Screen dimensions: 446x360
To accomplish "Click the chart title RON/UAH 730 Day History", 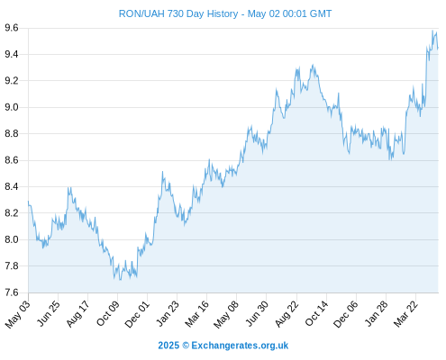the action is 178,13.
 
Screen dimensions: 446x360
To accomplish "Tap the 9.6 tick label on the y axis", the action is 12,28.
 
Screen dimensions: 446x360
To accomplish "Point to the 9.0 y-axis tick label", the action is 12,107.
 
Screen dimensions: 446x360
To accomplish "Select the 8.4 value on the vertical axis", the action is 12,186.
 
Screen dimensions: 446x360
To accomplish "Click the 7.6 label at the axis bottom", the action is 12,292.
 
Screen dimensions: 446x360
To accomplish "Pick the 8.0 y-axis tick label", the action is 12,239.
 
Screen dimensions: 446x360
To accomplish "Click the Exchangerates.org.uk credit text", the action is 240,346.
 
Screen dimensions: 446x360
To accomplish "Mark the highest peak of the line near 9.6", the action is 432,31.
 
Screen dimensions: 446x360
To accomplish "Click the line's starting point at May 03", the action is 28,202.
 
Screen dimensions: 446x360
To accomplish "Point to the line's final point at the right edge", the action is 438,49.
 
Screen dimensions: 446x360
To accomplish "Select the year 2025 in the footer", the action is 168,346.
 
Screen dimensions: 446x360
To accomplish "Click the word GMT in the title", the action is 321,13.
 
